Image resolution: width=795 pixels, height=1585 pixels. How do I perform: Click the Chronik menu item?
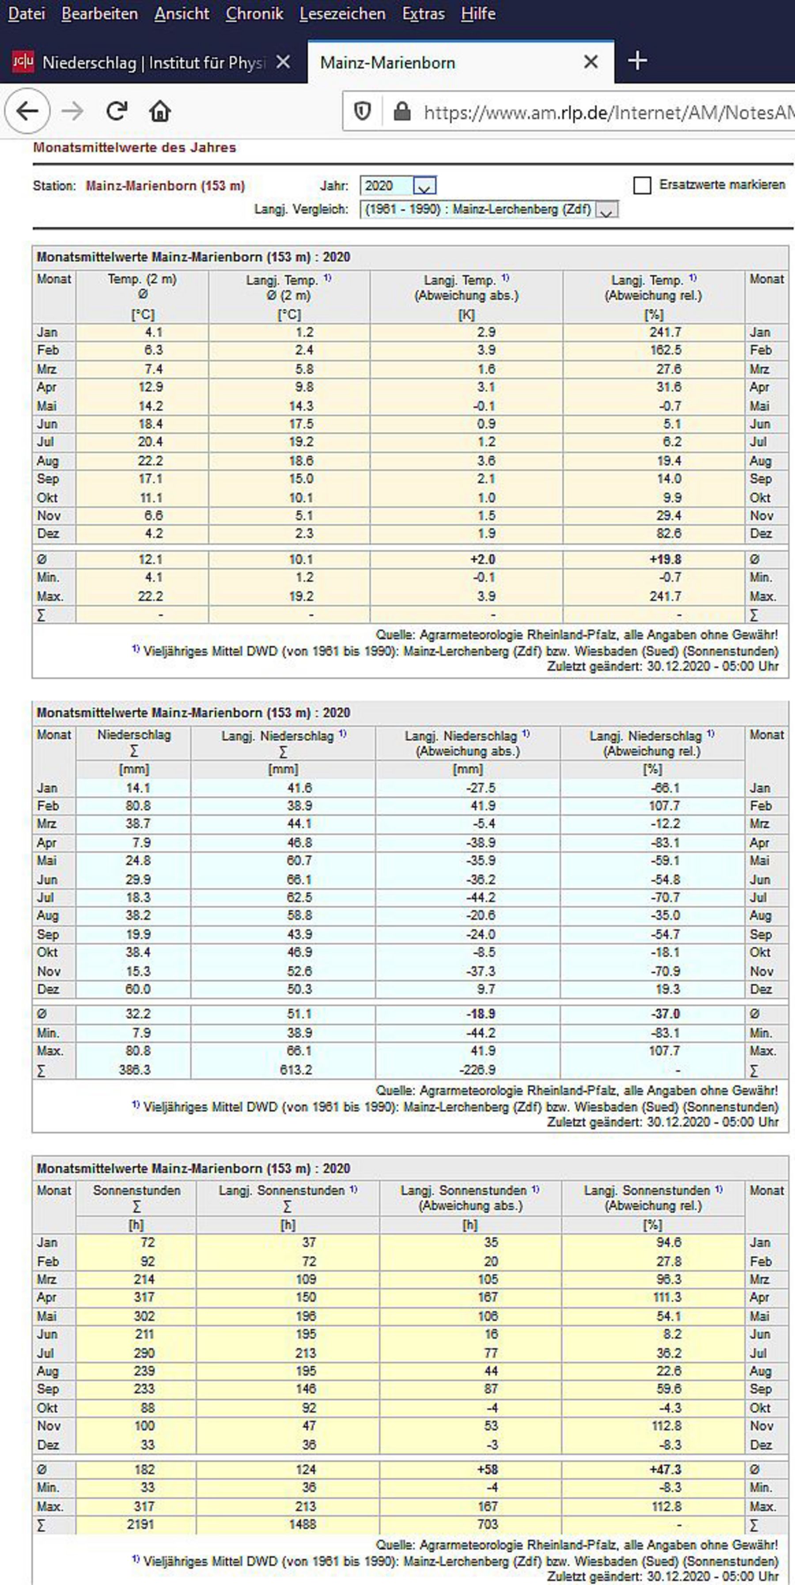point(254,14)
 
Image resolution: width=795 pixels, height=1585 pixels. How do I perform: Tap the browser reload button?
point(116,111)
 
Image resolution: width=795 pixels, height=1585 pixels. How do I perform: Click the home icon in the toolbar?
point(159,111)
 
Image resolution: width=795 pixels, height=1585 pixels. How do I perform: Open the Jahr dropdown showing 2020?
point(424,186)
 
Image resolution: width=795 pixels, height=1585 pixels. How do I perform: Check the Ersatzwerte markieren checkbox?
point(642,185)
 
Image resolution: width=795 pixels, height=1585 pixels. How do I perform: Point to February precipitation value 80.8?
point(138,805)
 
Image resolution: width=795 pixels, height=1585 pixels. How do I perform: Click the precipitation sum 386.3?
point(134,1069)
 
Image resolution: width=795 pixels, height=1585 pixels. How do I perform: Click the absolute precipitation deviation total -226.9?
point(479,1069)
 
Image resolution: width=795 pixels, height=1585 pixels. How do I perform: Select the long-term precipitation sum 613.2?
point(296,1069)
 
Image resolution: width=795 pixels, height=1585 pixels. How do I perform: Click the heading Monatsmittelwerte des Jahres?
point(134,148)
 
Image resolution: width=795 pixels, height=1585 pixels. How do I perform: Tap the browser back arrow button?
point(27,111)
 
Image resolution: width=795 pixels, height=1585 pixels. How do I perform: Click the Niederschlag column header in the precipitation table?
point(134,735)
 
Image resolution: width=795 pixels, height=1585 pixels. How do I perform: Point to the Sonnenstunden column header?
point(136,1191)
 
